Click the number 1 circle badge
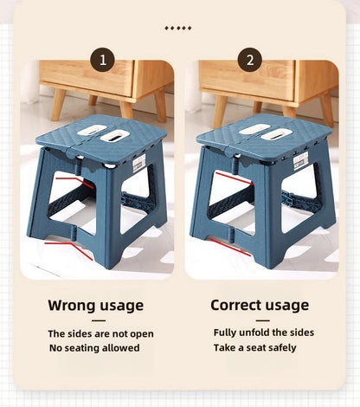point(103,60)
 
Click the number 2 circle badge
point(250,60)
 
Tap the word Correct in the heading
point(235,305)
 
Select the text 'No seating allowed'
point(94,348)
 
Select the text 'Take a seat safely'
point(255,348)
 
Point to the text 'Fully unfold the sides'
point(264,333)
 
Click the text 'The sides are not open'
point(100,334)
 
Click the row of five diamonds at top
point(178,28)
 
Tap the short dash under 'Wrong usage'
point(99,320)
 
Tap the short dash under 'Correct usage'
point(263,320)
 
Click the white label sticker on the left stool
point(139,163)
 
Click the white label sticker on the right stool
point(300,161)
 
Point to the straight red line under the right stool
point(229,248)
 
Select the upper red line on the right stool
point(235,178)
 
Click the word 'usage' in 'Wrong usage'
point(119,307)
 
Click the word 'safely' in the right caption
point(282,348)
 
